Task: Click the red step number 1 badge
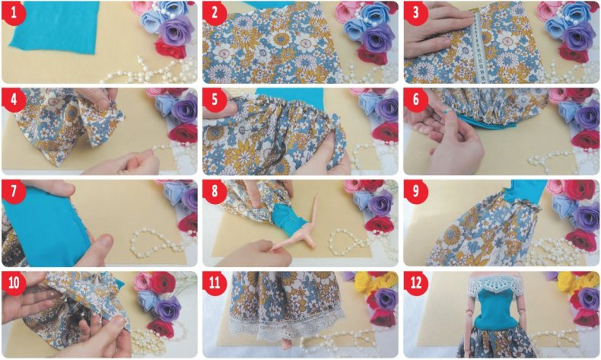point(14,13)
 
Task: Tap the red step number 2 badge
point(215,13)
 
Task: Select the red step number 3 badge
point(416,13)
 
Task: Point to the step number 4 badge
point(14,100)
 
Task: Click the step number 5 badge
point(215,100)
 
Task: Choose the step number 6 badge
point(416,100)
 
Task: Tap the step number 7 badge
point(14,191)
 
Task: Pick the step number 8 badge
point(215,191)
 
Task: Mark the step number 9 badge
point(416,191)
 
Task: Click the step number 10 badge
point(14,283)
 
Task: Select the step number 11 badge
point(215,283)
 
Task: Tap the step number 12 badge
point(416,283)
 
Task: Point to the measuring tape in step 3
point(477,48)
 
